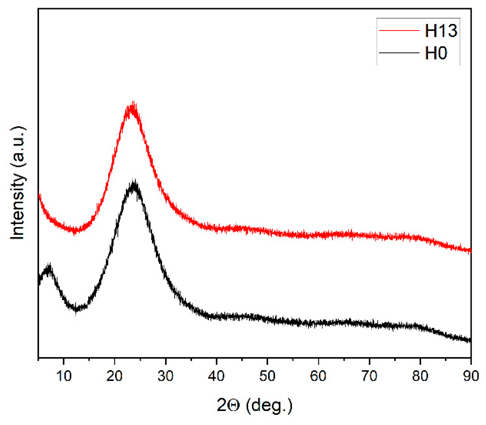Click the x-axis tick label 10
[x=64, y=376]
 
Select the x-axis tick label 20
[x=114, y=376]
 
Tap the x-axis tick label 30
[x=165, y=376]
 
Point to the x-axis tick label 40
[x=216, y=376]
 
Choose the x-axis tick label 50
[x=267, y=376]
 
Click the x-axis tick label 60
[x=318, y=376]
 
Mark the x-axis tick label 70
[x=369, y=376]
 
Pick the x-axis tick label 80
[x=420, y=376]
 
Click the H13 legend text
[x=441, y=31]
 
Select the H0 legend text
[x=436, y=53]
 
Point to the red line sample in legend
[x=399, y=30]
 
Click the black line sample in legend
[x=399, y=53]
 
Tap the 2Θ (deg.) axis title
[x=254, y=405]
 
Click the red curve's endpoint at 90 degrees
[x=470, y=250]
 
